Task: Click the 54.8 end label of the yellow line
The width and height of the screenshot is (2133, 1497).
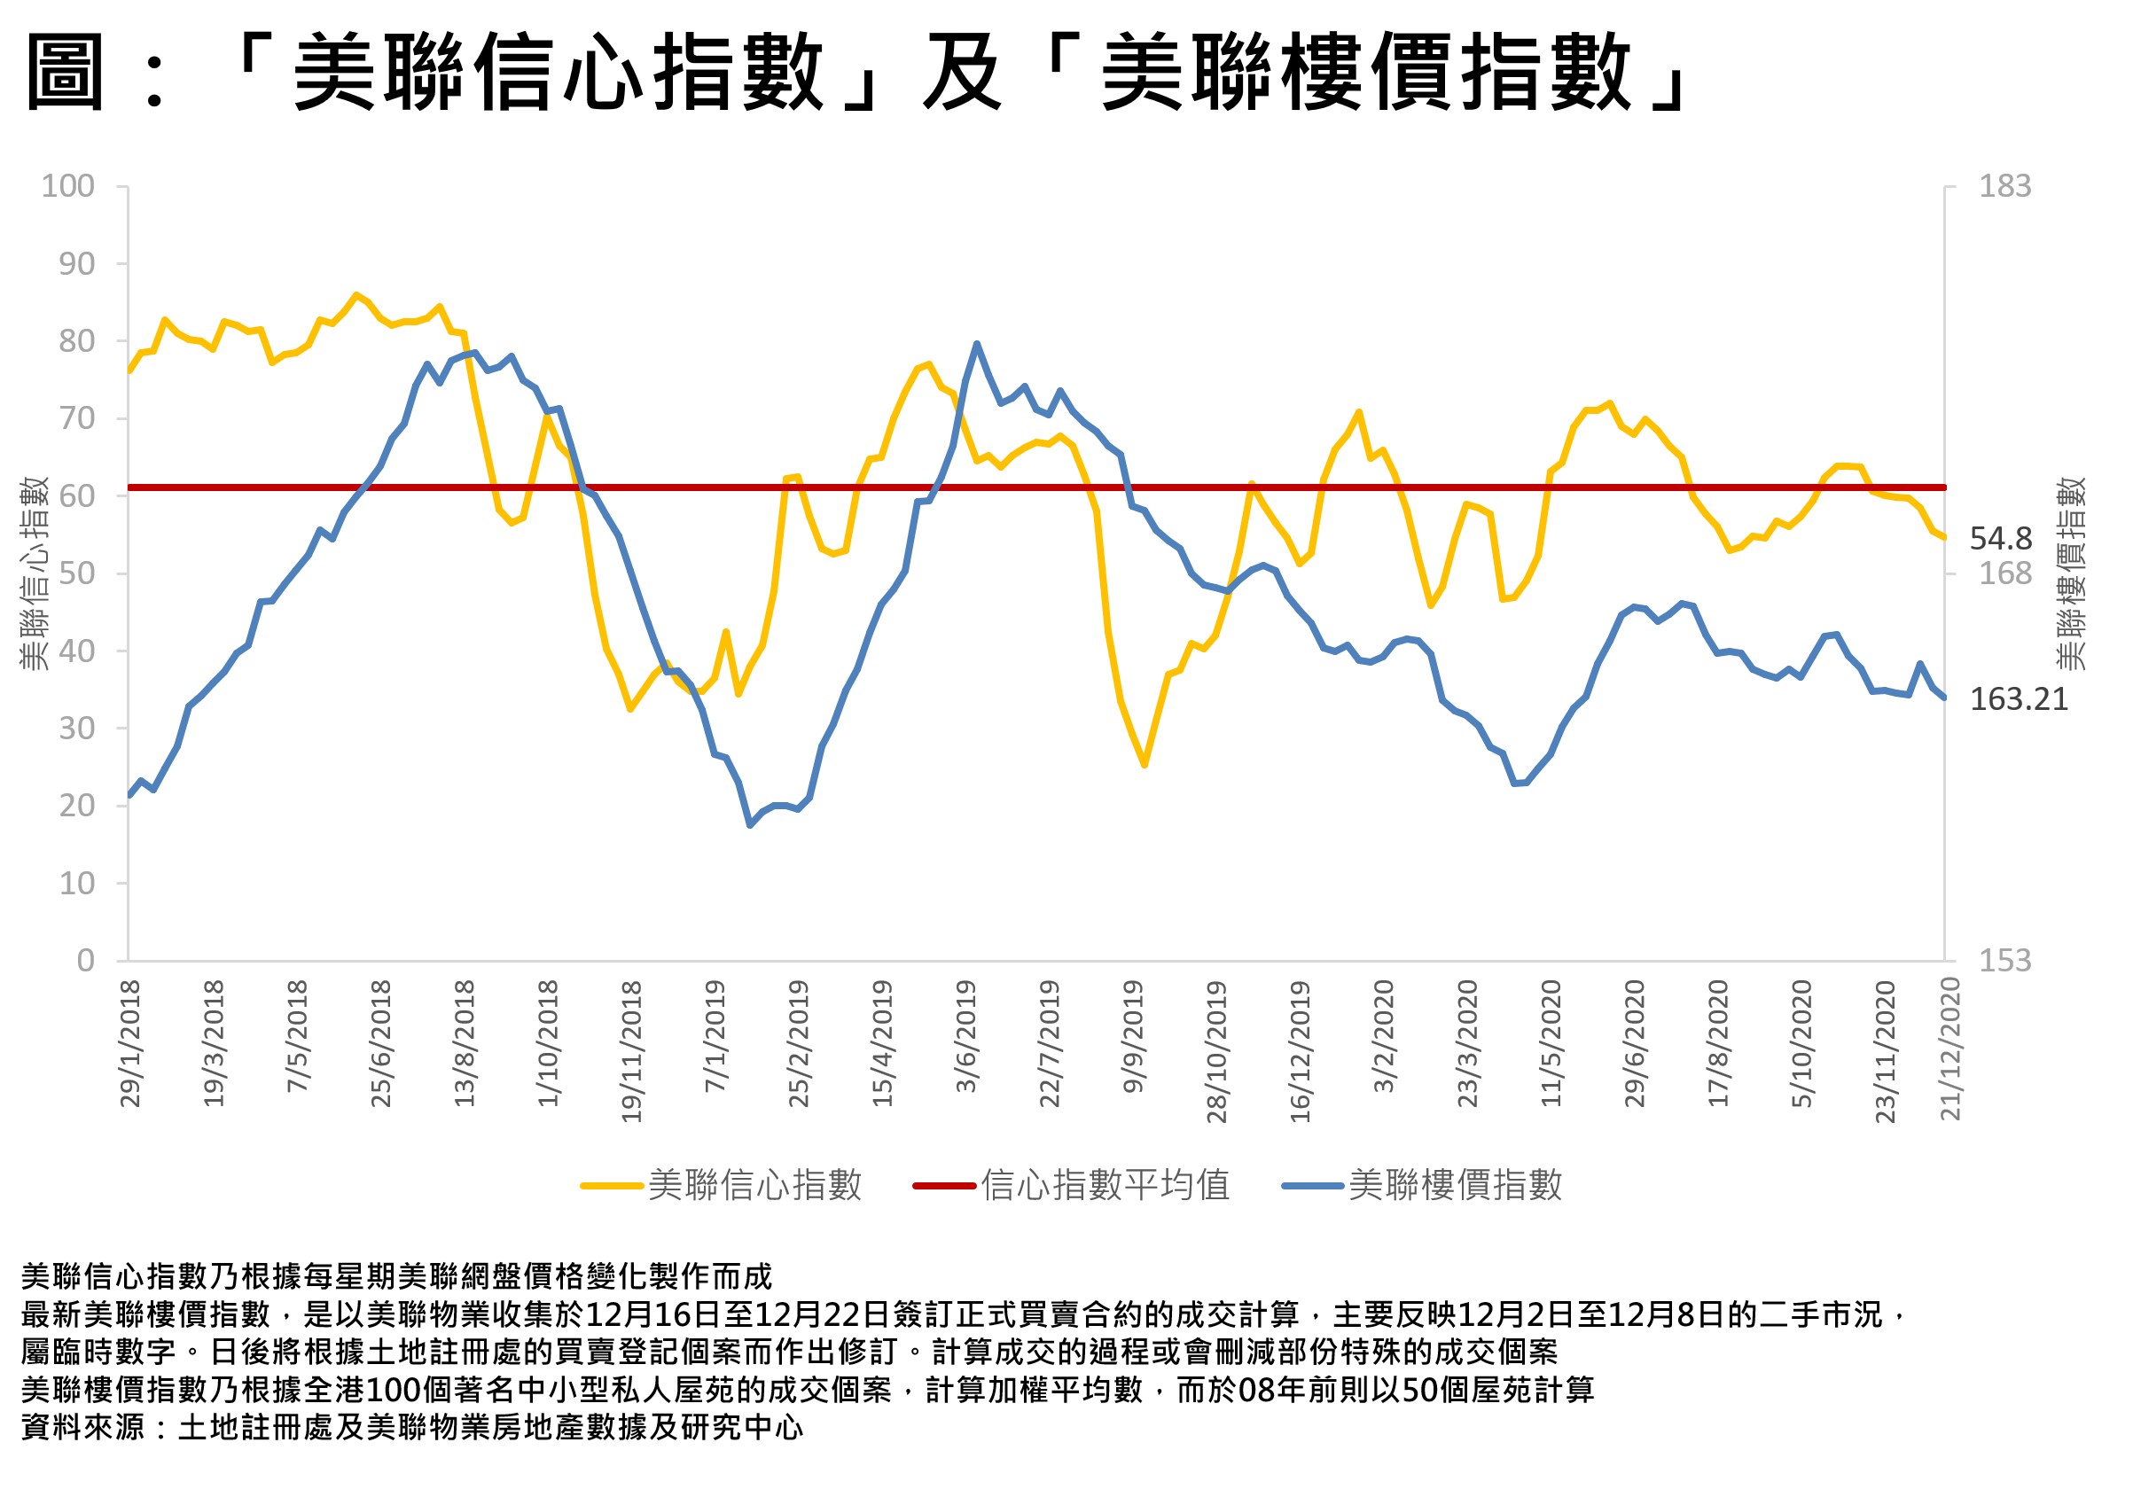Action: [2000, 539]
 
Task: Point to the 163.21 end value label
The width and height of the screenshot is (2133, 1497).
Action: [2018, 699]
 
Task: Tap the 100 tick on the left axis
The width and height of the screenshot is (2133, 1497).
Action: [67, 186]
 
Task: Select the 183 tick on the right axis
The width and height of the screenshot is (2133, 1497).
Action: [2004, 186]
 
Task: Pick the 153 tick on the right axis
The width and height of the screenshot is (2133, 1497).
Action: [2004, 960]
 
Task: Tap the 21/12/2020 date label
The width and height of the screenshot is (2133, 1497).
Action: [1950, 1049]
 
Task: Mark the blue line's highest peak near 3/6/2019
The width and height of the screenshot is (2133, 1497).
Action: [976, 345]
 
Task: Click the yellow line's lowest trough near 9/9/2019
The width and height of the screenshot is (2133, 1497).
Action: [1145, 764]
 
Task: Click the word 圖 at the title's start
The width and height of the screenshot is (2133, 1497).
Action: [63, 73]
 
